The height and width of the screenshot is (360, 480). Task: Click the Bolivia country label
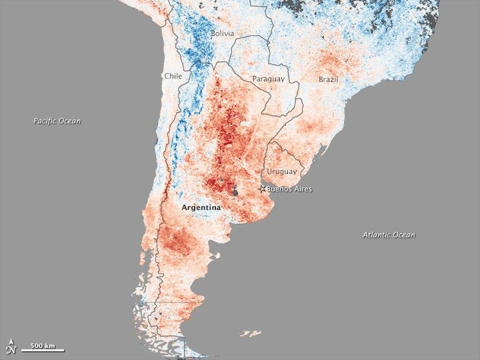[x=223, y=33]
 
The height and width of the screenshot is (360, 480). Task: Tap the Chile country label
[x=173, y=76]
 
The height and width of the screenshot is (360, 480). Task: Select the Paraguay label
[x=269, y=79]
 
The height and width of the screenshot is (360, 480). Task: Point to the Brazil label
[x=328, y=79]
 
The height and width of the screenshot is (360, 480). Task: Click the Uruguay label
[x=282, y=171]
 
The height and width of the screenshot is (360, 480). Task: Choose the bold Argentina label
[x=201, y=207]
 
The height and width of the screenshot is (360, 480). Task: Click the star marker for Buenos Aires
[x=262, y=189]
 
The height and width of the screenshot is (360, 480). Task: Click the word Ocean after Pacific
[x=70, y=121]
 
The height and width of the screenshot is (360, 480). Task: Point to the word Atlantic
[x=378, y=235]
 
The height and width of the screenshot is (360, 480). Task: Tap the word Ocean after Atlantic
[x=404, y=235]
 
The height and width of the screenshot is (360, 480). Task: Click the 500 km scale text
[x=42, y=346]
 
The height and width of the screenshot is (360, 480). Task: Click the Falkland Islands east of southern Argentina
[x=251, y=333]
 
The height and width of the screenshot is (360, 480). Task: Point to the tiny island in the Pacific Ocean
[x=97, y=178]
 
